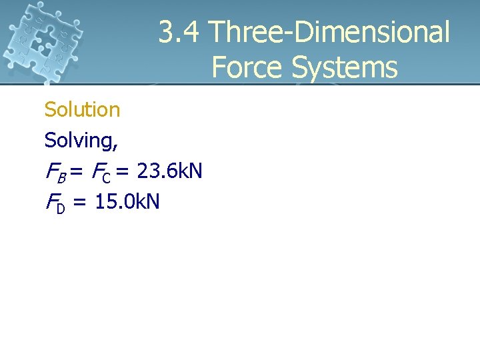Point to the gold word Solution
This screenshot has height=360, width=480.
(82, 109)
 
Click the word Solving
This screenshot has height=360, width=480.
(79, 140)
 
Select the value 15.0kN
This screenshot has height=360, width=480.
(127, 201)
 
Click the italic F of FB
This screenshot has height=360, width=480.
(51, 171)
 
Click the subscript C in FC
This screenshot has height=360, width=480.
(107, 176)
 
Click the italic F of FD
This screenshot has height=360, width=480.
(51, 201)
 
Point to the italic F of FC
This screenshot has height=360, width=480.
(96, 171)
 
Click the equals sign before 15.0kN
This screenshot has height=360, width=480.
(80, 202)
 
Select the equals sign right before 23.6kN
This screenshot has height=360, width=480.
(123, 172)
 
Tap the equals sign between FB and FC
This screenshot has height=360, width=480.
(76, 172)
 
